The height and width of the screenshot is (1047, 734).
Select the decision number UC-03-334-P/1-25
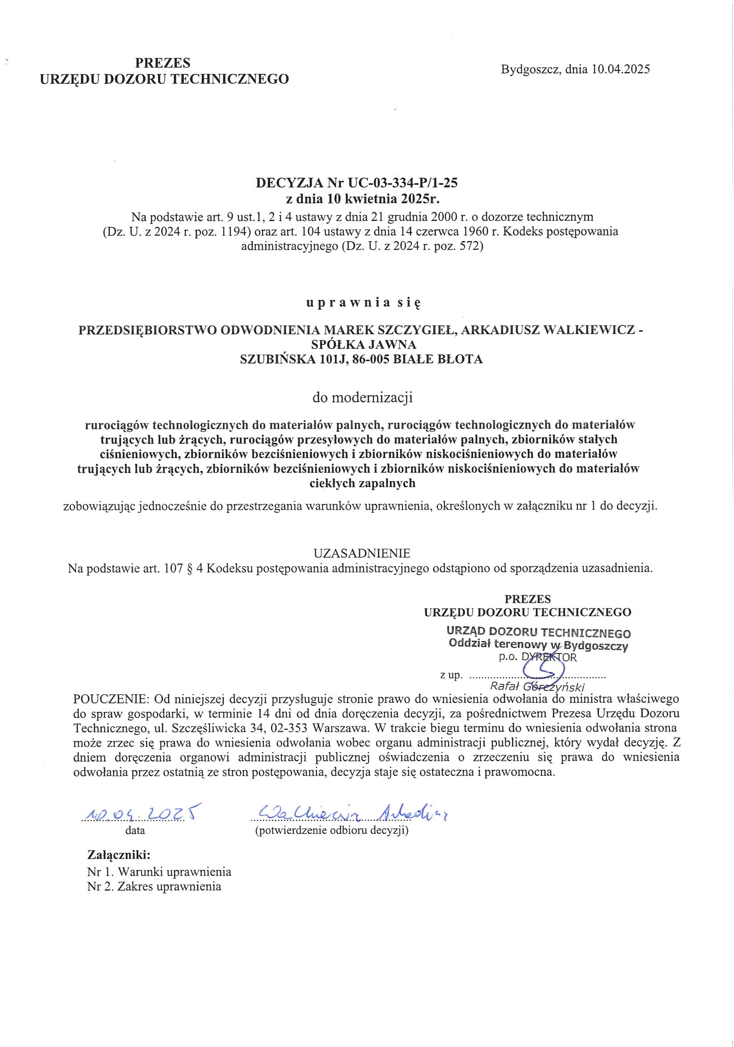402,183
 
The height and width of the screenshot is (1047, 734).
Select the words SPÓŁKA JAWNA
363,344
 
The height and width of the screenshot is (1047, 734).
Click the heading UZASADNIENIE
362,553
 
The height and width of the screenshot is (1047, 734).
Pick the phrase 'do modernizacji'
362,398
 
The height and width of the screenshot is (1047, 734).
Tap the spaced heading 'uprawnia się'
363,302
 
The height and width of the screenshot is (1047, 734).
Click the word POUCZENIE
111,698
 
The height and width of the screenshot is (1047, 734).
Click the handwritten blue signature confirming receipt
351,812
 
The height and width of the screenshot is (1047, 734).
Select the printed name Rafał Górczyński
537,687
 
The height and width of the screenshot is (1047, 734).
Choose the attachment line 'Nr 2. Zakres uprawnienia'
154,886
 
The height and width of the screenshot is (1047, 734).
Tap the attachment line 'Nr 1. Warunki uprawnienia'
159,872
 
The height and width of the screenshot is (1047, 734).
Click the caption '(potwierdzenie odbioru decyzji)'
331,830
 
